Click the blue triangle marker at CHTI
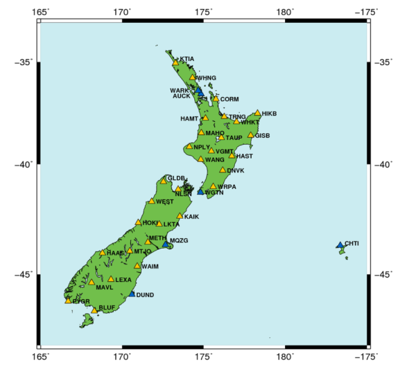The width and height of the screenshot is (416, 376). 340,245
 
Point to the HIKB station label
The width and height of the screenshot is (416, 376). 270,114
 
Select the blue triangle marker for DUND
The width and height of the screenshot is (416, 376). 132,294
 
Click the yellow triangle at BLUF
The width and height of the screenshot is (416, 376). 94,310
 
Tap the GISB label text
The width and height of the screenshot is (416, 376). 262,136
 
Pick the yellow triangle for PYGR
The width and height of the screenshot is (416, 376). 68,301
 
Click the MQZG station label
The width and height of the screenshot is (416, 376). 179,240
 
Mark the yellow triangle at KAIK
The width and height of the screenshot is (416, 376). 180,216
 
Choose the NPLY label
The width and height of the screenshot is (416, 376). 201,147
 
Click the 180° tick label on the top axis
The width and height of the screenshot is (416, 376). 284,12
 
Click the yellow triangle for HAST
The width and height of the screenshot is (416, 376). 232,156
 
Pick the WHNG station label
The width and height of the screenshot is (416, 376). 207,78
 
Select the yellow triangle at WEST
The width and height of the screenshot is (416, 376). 152,202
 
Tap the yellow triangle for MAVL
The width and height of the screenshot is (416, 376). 92,282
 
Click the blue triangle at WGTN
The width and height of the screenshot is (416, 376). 201,191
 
